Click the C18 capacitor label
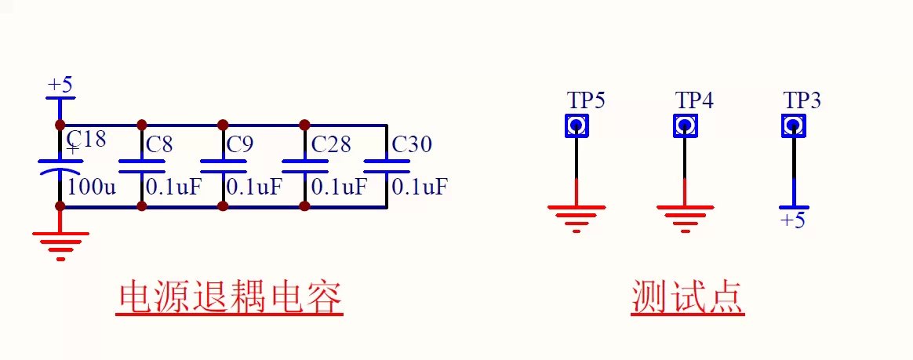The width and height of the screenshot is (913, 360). [x=87, y=139]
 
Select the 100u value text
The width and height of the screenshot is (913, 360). [x=92, y=187]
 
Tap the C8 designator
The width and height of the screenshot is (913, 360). [x=159, y=144]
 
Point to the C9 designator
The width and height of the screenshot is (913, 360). [x=240, y=144]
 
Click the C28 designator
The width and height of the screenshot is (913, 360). [x=331, y=144]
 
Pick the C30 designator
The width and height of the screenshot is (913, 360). [x=413, y=144]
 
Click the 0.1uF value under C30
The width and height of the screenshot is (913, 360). [x=420, y=187]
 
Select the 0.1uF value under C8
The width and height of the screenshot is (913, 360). [x=173, y=187]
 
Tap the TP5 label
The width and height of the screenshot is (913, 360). [x=587, y=100]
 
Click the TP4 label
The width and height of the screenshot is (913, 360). [x=694, y=100]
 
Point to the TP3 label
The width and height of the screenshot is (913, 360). [x=802, y=100]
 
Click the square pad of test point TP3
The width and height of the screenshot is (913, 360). [x=793, y=125]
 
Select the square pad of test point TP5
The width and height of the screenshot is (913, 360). [x=577, y=125]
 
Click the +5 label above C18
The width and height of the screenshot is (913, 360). [x=60, y=85]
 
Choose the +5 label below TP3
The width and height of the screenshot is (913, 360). [x=793, y=220]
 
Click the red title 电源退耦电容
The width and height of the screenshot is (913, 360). [x=229, y=298]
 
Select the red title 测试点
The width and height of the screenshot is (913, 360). [x=688, y=298]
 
